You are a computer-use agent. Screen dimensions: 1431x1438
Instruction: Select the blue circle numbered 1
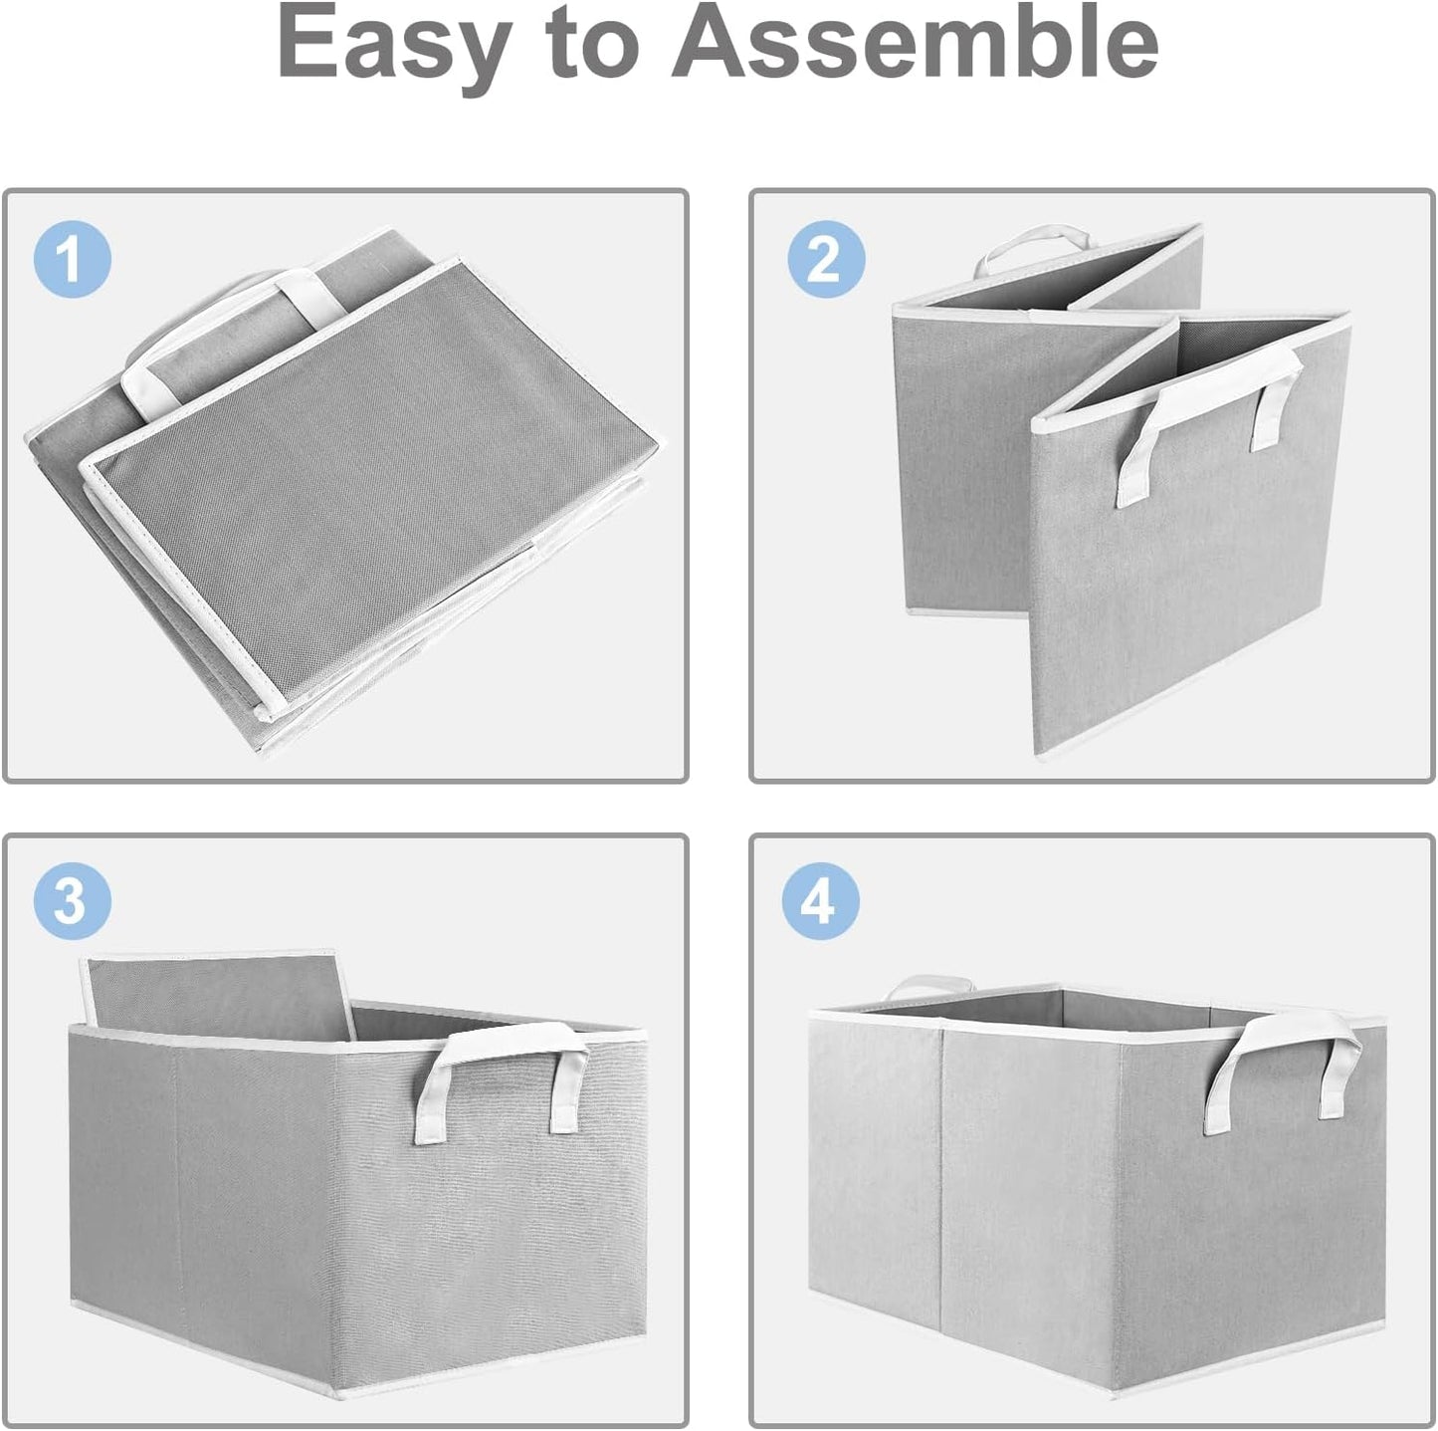click(x=72, y=260)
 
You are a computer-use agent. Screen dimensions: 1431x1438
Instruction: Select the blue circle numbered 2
click(x=825, y=260)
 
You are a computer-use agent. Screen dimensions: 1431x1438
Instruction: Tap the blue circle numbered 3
click(x=72, y=901)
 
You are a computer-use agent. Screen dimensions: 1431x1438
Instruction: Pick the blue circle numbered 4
click(x=820, y=902)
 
